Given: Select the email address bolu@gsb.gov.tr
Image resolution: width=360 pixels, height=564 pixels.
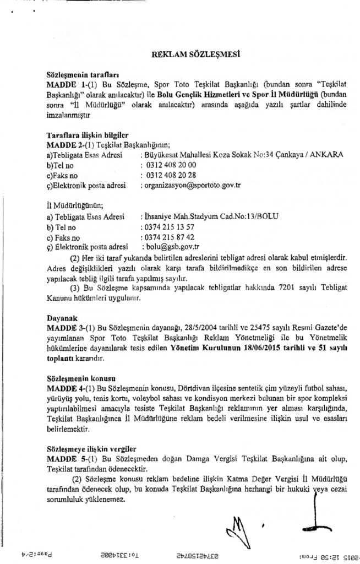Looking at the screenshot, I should click(x=171, y=248).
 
